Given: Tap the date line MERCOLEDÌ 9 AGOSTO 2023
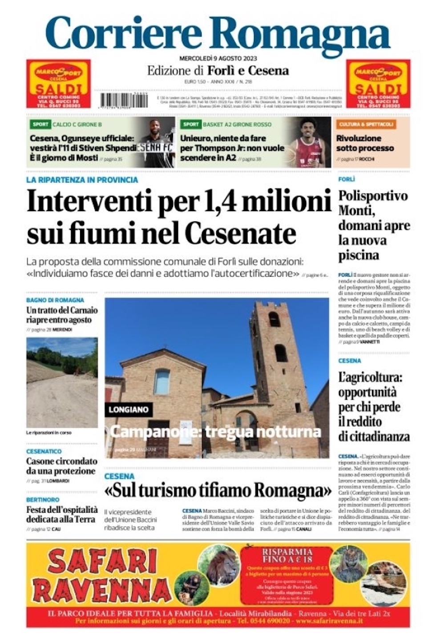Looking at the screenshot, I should pos(218,58).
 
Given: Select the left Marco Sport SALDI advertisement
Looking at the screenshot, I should pos(58,84).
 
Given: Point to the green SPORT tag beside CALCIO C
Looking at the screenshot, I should pos(40,124).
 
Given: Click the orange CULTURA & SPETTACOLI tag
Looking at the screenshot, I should pos(366,124).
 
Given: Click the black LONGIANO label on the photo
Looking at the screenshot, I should pos(129,409).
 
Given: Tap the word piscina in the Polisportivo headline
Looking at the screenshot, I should pos(359,255).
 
